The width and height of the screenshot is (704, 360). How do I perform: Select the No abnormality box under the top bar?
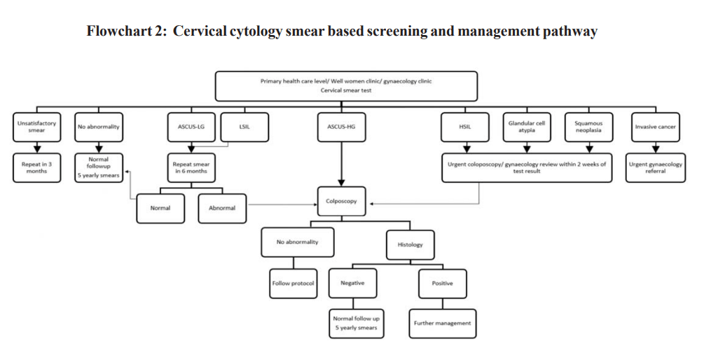tap(99, 127)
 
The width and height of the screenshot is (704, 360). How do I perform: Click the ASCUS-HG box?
tap(341, 127)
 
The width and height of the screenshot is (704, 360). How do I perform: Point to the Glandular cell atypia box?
tap(526, 127)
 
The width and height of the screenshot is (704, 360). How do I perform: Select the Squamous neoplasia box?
tap(588, 127)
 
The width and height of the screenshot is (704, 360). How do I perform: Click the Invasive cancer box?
tap(655, 127)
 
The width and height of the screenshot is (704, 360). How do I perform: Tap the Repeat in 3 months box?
tap(36, 167)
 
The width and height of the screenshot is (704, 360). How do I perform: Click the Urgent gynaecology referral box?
tap(655, 168)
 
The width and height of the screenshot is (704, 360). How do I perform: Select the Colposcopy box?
tap(341, 201)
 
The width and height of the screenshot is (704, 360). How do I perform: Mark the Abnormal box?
tap(222, 208)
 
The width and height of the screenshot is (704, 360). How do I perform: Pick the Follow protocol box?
tap(293, 283)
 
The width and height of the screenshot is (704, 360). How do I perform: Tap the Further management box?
tap(442, 323)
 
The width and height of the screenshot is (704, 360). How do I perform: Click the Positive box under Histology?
tap(442, 283)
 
